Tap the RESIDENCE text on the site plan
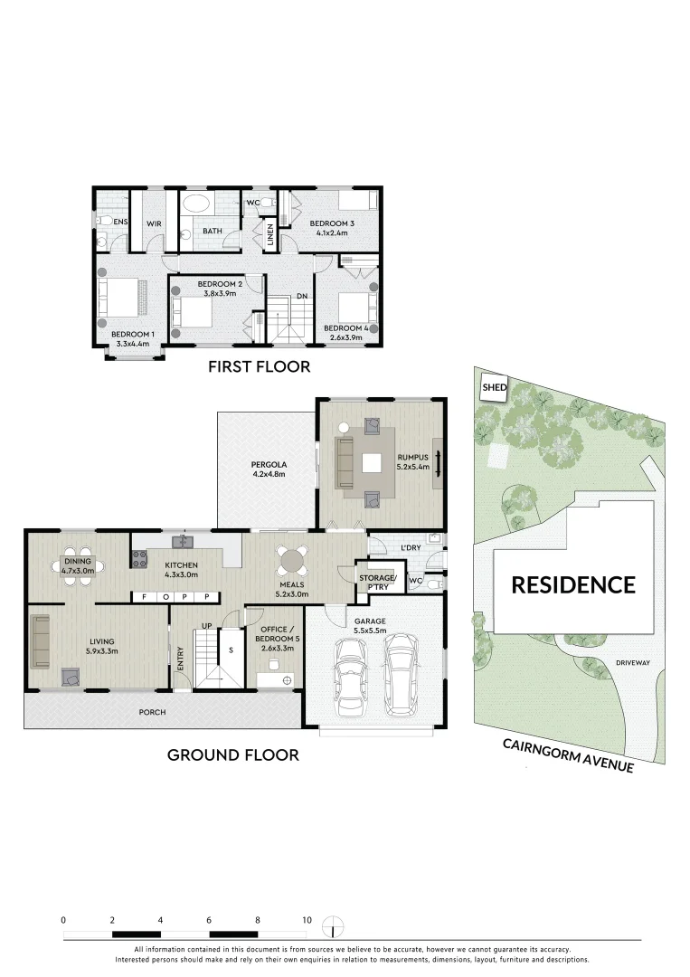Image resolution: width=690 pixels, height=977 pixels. click(573, 584)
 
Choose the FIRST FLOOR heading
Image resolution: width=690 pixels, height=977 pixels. click(259, 366)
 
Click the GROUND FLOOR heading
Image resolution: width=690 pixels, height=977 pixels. click(232, 754)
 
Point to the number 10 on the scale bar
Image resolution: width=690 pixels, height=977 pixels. click(307, 920)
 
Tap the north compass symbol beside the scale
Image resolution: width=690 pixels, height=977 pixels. click(336, 927)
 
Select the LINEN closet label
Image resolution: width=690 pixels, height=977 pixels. click(269, 234)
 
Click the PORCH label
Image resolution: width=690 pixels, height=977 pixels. click(152, 712)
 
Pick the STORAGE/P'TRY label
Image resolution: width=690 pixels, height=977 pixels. click(377, 582)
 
